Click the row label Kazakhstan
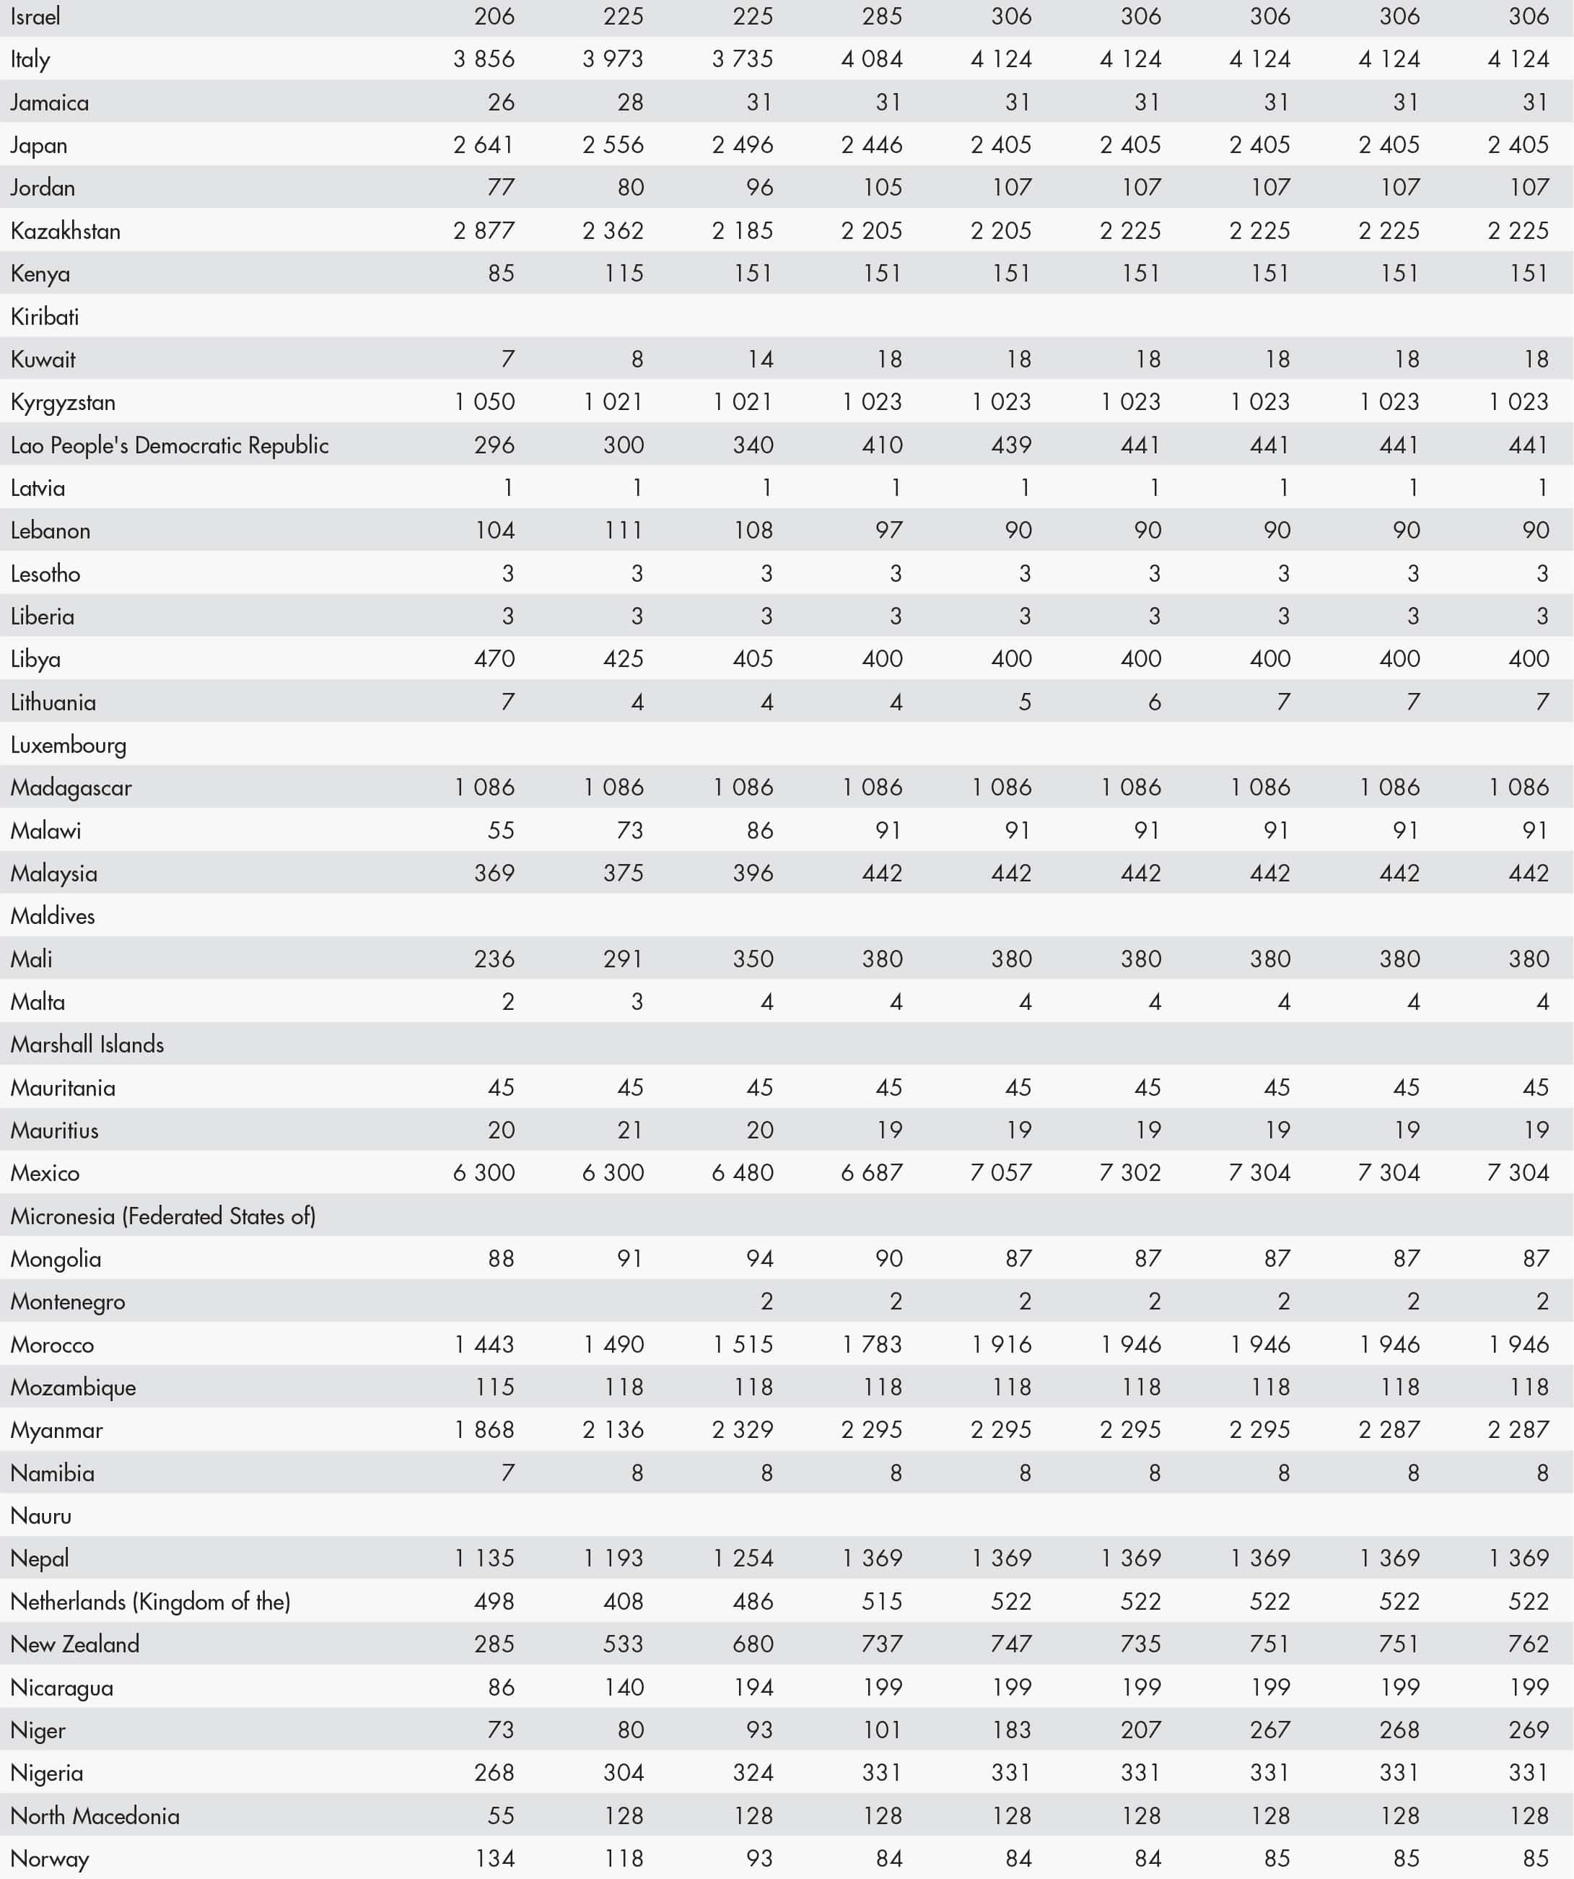(x=65, y=231)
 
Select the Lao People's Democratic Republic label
(x=169, y=445)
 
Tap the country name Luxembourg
(x=68, y=746)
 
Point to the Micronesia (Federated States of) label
(x=163, y=1216)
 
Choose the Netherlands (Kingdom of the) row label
(x=150, y=1602)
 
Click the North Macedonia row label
(x=95, y=1815)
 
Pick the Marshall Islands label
(x=87, y=1045)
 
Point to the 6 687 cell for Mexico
(x=871, y=1173)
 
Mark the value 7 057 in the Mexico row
(x=1001, y=1173)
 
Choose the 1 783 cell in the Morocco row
(x=872, y=1345)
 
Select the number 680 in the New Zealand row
(x=752, y=1644)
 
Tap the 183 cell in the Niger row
(x=1012, y=1730)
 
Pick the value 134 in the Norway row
(x=494, y=1858)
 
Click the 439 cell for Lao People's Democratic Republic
(x=1012, y=445)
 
